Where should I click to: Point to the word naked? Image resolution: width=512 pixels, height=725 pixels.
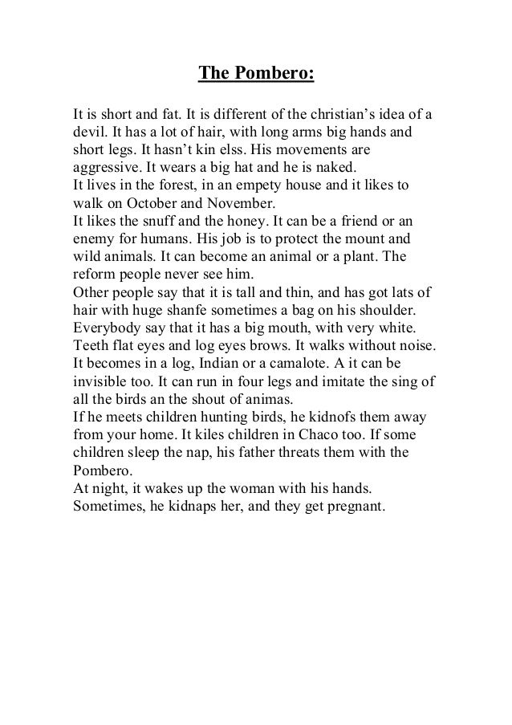tap(341, 168)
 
